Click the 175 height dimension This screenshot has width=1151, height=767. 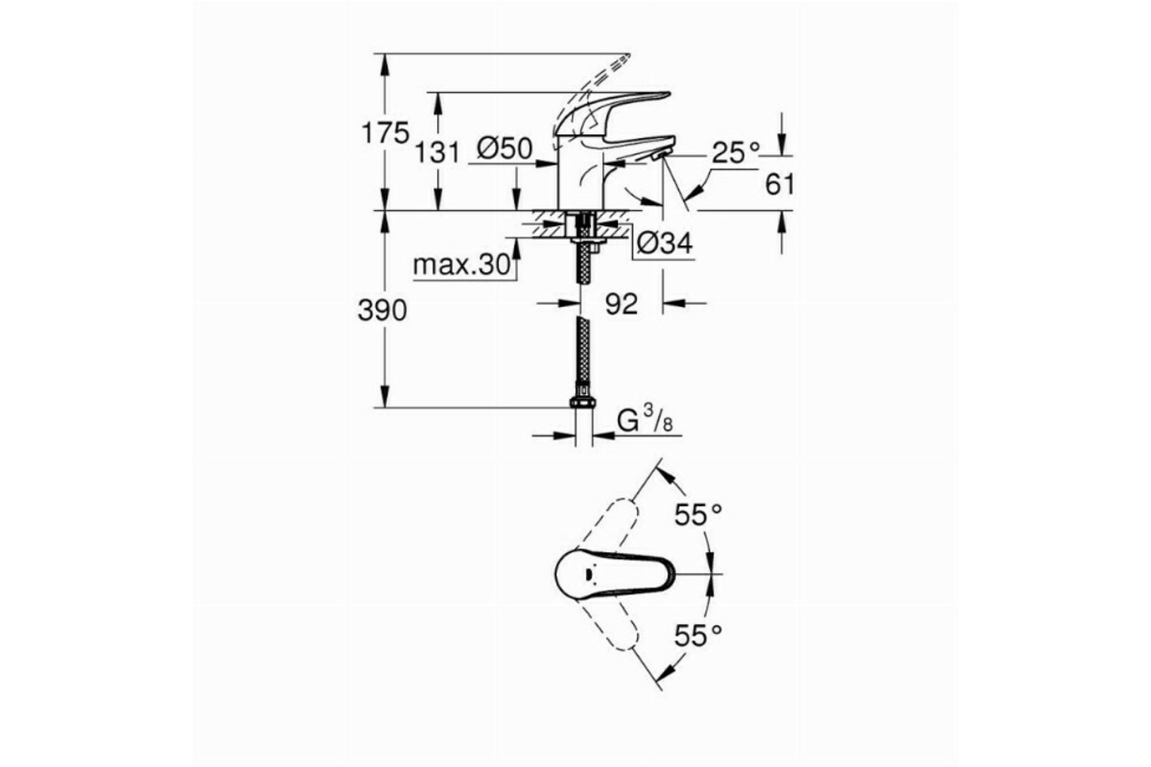tap(386, 133)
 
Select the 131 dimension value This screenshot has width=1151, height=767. tap(436, 152)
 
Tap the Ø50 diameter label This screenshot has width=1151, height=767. tap(505, 149)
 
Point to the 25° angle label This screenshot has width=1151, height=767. tap(736, 152)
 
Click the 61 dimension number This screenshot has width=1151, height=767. tap(780, 184)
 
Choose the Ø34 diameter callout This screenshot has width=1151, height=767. tap(665, 244)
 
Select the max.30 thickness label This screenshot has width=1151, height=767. tap(462, 266)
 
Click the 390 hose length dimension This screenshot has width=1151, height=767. tap(383, 311)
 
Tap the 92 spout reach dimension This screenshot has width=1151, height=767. tap(622, 304)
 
